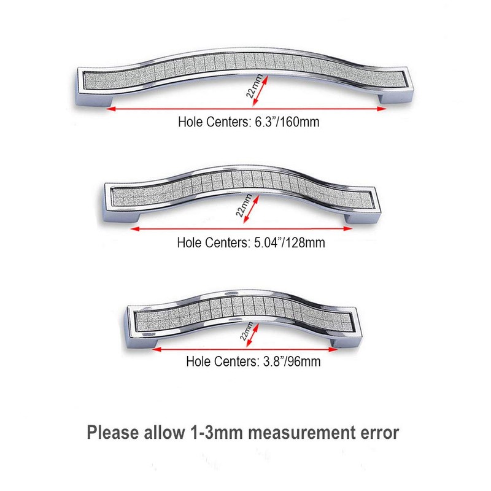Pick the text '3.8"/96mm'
(x=289, y=362)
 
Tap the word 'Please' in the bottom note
(x=112, y=432)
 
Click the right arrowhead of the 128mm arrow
(x=348, y=230)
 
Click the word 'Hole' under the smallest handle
(x=198, y=362)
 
